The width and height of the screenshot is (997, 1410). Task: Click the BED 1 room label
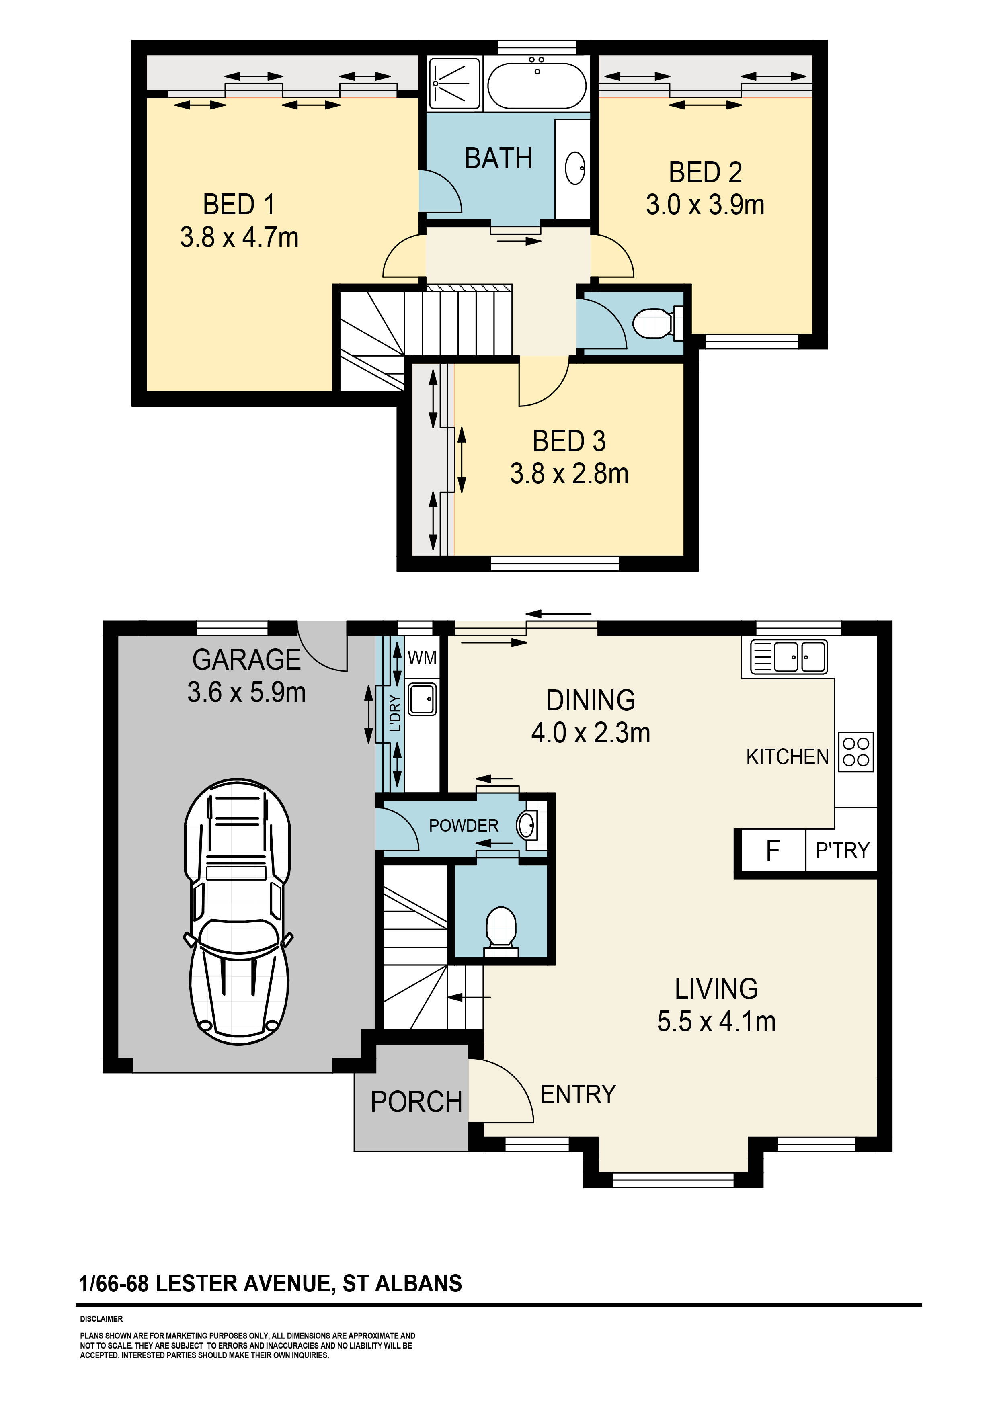(239, 205)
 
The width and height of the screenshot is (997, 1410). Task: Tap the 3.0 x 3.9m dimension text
(705, 205)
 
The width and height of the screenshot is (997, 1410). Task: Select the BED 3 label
(569, 441)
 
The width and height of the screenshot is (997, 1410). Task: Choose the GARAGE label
(246, 660)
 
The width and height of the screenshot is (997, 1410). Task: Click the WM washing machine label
(422, 658)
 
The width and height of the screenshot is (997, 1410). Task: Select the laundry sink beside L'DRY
(423, 699)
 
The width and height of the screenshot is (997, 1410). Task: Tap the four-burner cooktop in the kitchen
(856, 752)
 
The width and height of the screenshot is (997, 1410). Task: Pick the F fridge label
(773, 851)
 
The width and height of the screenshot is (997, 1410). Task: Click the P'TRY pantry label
(842, 850)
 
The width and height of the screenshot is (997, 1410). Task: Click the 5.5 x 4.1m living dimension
(716, 1021)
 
